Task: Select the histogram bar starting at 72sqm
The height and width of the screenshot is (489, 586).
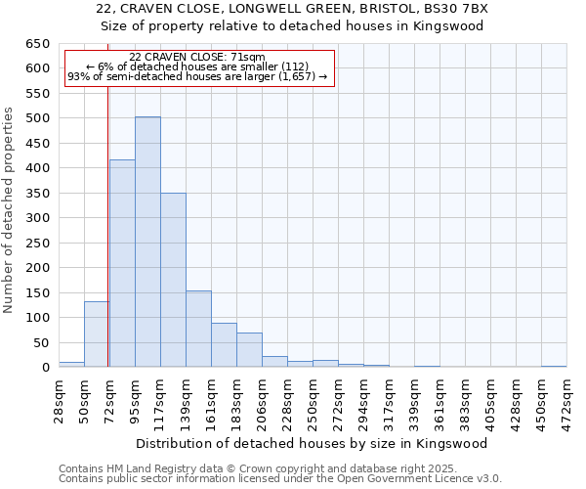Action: point(122,263)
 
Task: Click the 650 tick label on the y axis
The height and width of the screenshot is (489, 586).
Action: point(37,44)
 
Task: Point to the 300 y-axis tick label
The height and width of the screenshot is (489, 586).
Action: point(37,218)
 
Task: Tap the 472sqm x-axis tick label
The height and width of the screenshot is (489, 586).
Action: point(566,397)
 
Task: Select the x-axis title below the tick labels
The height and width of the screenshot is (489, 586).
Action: point(312,443)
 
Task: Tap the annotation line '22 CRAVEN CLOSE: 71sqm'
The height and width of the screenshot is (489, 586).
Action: point(197,57)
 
